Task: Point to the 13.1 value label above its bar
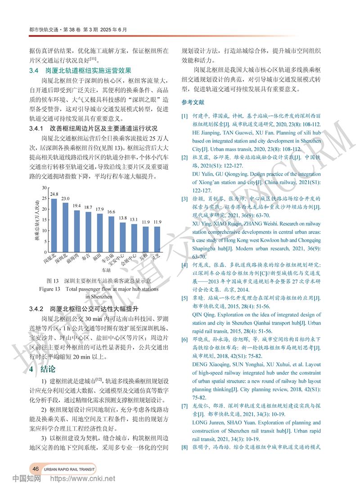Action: coord(134,220)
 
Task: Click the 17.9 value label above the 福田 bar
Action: coord(99,209)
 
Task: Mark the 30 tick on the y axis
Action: coord(44,187)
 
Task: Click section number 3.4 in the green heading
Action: coord(35,71)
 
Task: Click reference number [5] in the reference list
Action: coord(184,299)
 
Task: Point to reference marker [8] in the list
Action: coord(184,447)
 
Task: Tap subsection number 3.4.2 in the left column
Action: coord(36,309)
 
